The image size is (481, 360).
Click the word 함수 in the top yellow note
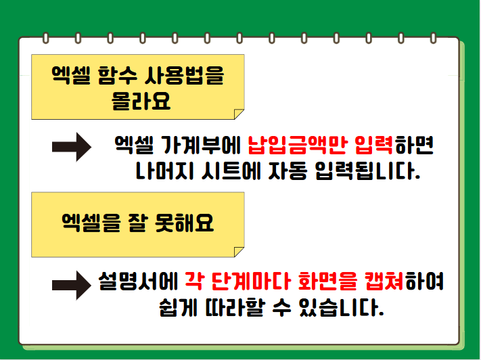117,75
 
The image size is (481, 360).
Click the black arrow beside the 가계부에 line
72,147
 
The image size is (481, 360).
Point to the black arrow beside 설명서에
72,285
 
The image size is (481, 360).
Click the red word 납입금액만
298,145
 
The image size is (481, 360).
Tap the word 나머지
164,171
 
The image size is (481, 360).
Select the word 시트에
231,171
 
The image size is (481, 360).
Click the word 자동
288,171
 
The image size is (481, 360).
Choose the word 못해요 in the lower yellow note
184,223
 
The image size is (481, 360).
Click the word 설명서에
138,281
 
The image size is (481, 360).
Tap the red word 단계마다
251,281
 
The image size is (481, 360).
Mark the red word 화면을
327,281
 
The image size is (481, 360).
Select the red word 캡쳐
384,281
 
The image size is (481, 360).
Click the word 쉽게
178,307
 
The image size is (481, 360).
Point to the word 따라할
234,307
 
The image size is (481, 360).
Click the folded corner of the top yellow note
238,114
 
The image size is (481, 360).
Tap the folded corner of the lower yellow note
238,252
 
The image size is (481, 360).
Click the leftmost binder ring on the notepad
46,38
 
